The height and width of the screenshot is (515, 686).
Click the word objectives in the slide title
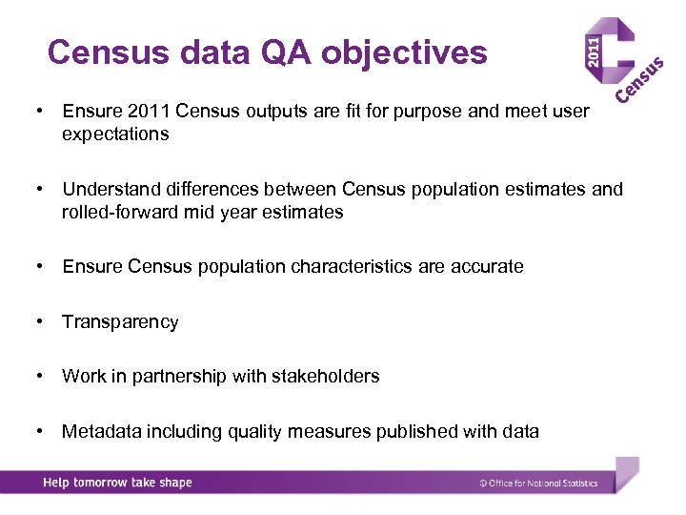point(404,52)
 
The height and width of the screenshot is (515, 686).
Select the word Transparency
point(120,321)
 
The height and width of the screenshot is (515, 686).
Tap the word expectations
point(115,134)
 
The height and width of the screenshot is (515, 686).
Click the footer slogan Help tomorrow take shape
point(117,483)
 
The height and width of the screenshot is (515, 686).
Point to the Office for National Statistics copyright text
point(538,484)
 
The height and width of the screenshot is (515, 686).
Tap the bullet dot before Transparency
point(39,321)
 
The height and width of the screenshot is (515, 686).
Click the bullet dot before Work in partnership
point(39,376)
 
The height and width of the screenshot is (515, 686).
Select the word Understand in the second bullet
point(110,189)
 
